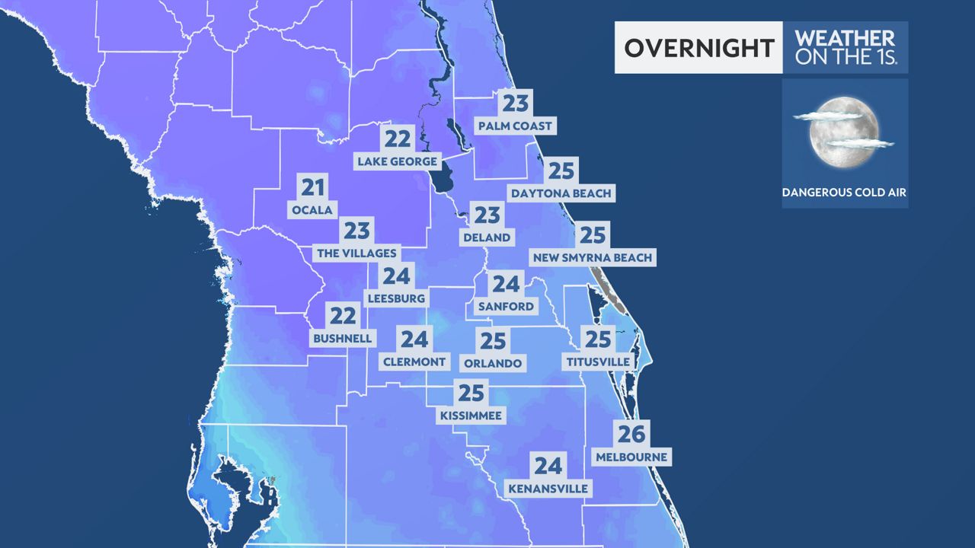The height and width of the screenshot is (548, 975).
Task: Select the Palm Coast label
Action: [514, 125]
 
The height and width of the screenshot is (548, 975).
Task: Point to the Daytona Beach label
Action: [561, 193]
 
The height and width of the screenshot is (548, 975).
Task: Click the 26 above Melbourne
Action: [631, 435]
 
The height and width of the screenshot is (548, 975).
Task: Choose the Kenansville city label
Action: [548, 488]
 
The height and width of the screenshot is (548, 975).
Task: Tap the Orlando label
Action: [493, 363]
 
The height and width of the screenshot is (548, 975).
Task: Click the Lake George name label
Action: [398, 161]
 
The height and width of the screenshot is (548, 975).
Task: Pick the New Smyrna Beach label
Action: [593, 257]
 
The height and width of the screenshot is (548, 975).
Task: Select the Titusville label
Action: [598, 362]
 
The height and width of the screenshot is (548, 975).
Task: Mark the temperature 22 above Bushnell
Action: [343, 315]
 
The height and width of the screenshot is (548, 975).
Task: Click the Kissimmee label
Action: [472, 416]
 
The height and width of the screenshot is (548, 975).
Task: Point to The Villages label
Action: [356, 253]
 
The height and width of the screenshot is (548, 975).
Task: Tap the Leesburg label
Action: [395, 298]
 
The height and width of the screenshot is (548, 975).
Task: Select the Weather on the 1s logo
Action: [844, 47]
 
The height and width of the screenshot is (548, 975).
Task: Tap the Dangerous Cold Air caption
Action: [844, 193]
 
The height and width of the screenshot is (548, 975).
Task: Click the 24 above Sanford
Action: [506, 285]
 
